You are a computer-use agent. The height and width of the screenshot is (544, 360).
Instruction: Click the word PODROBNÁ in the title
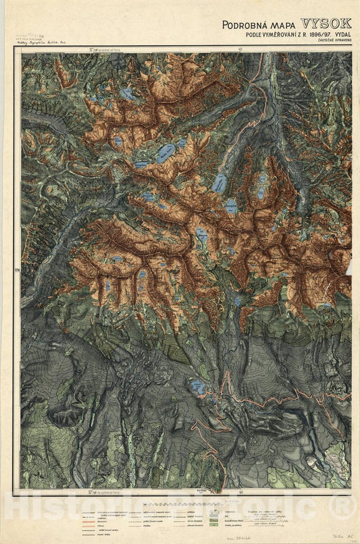[242, 25]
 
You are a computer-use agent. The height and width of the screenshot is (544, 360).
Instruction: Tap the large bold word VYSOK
[326, 24]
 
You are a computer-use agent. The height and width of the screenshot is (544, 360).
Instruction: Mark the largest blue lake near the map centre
[165, 153]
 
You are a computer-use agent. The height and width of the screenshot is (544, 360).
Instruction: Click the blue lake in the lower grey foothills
[197, 387]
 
